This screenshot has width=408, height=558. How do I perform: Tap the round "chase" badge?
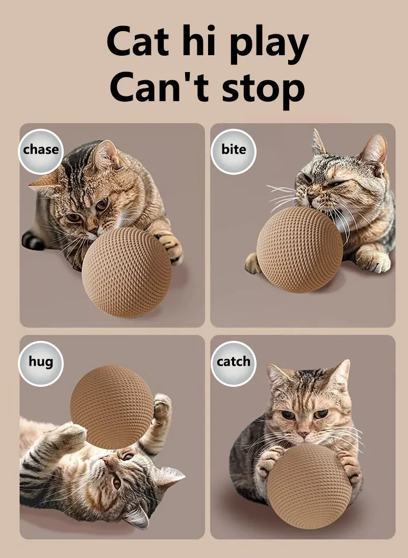pos(41,151)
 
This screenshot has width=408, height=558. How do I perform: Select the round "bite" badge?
pos(233,151)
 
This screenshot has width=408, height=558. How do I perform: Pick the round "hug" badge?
pos(41,363)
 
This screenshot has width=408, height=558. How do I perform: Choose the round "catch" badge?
pos(233,363)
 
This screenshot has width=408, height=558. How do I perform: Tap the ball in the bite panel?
pos(300,249)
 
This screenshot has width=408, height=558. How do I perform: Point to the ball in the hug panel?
pos(112,407)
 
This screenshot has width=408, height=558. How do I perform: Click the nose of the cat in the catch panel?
pos(303,434)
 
